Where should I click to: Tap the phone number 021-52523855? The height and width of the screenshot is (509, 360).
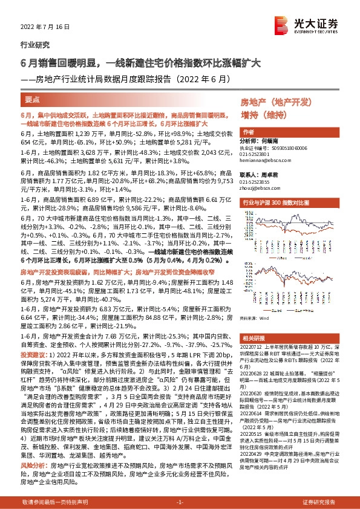pos(255,181)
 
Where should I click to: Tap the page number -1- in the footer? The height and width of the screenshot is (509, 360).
pos(180,502)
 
